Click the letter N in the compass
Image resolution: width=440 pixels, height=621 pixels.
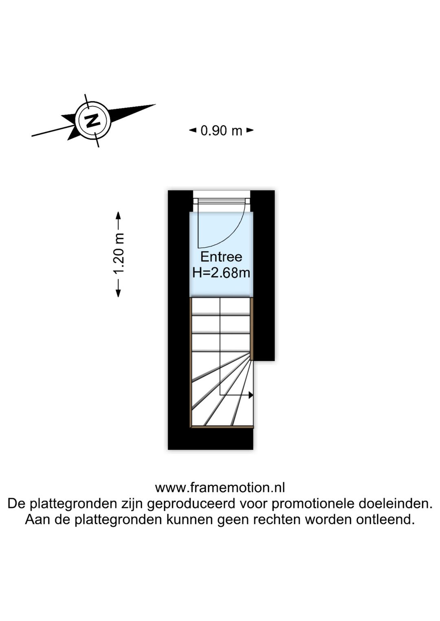93,120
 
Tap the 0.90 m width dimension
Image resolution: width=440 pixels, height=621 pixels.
221,131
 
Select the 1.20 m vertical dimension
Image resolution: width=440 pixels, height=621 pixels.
119,254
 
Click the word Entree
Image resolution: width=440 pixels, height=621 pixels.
221,257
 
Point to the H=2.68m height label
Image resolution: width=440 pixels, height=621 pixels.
221,272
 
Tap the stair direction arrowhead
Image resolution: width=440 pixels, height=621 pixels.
251,395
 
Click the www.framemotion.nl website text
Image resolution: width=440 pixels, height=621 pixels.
220,487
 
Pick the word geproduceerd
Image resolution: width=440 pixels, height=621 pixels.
191,504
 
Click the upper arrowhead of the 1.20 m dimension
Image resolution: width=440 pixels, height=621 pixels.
119,214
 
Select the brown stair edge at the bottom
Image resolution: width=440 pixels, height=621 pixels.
222,427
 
